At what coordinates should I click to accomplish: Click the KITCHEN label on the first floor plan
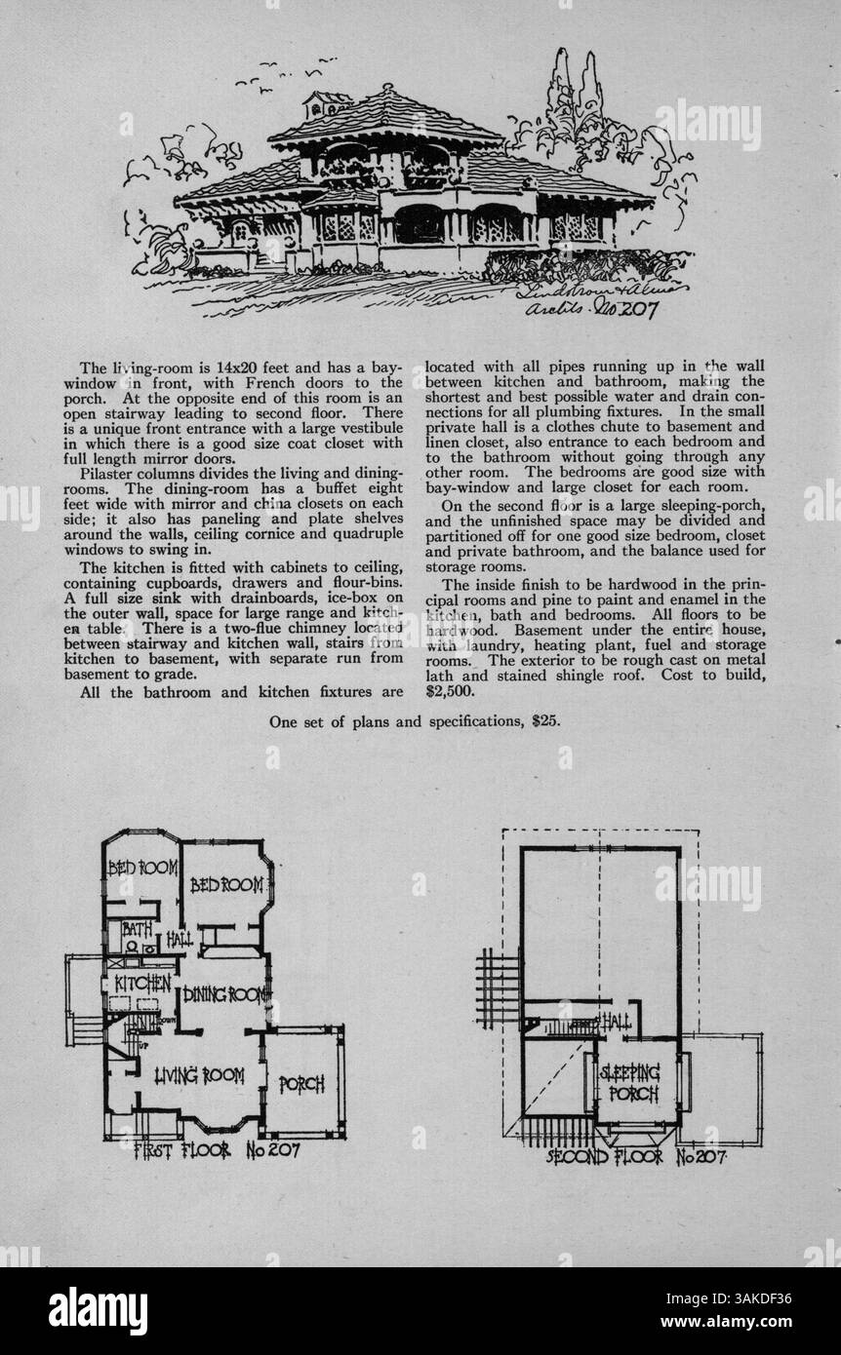(x=143, y=983)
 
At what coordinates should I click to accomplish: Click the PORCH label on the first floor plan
(x=301, y=1084)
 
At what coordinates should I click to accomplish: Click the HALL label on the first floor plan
(x=179, y=942)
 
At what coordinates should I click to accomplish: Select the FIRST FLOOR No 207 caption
(x=216, y=1151)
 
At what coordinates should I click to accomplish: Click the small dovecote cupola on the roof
(x=328, y=101)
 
